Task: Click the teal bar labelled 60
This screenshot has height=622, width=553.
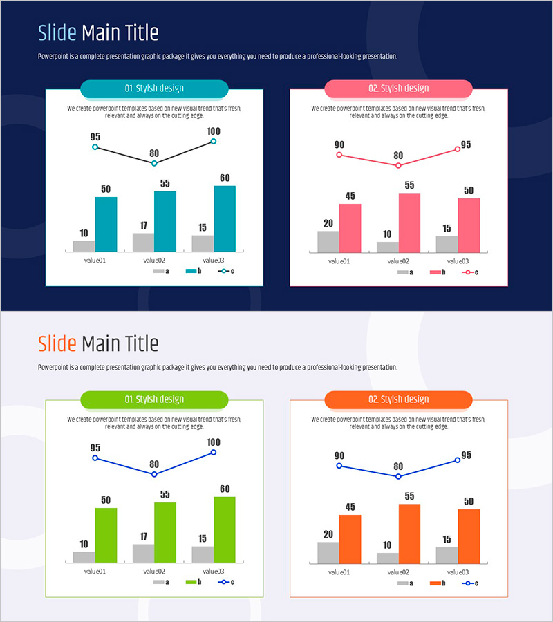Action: (225, 218)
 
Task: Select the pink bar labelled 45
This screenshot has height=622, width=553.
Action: (350, 228)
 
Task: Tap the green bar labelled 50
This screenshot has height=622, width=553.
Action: (106, 535)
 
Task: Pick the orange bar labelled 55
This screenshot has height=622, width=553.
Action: (409, 533)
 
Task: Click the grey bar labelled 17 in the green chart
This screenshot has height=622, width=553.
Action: (143, 553)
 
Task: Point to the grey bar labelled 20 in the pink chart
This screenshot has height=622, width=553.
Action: (328, 241)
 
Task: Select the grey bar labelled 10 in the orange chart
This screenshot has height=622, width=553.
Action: (387, 557)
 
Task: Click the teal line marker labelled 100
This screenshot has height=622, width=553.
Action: (213, 141)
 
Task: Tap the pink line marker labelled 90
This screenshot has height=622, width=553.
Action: (339, 155)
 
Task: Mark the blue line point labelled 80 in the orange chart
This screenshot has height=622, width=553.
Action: (398, 476)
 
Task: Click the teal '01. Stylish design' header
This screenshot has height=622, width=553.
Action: (154, 88)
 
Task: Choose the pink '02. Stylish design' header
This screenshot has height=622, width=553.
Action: (398, 88)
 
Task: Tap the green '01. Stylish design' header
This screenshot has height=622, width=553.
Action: (154, 399)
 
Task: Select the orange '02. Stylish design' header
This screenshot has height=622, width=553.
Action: (398, 399)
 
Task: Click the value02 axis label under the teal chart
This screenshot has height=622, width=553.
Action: (154, 261)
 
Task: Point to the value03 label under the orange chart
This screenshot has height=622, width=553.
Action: (458, 572)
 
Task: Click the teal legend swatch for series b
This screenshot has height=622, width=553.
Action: (192, 272)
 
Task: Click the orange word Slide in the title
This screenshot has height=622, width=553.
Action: (57, 343)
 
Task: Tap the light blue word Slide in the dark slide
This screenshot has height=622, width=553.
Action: (57, 32)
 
